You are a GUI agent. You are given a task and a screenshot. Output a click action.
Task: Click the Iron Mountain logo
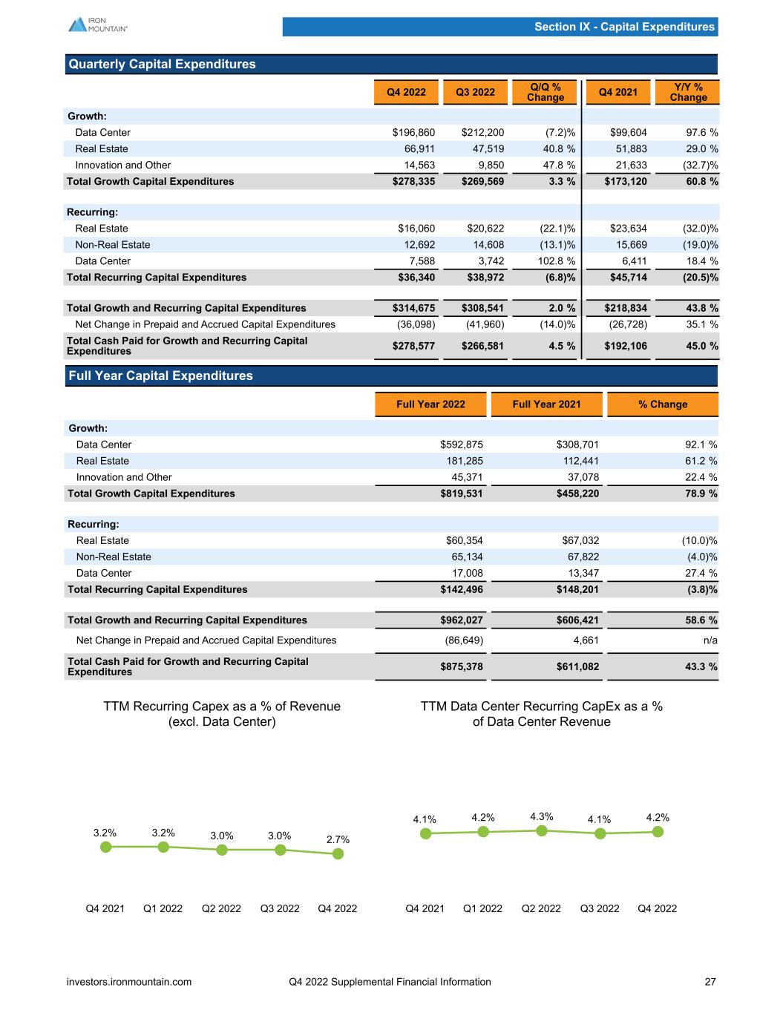pos(98,24)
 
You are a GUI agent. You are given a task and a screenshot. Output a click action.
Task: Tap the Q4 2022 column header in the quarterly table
pos(406,92)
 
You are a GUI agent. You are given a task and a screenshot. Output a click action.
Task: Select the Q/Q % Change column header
pos(546,92)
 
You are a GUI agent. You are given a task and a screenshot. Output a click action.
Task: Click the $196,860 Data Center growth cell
pos(413,133)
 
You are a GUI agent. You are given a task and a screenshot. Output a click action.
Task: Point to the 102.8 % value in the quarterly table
pos(551,261)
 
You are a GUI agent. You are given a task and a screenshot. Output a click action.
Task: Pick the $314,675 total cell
pos(413,308)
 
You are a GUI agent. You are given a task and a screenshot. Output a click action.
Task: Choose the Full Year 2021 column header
pos(546,404)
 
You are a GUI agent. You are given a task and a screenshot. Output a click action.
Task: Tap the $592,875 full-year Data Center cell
pos(462,445)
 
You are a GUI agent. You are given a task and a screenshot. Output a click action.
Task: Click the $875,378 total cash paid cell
pos(462,667)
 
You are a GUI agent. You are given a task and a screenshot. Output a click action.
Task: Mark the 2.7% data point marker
pos(338,853)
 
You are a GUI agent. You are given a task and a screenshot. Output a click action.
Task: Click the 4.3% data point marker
pos(542,830)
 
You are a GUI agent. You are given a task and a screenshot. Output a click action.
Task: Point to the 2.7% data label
pos(338,839)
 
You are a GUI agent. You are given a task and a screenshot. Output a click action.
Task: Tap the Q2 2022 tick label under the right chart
pos(541,908)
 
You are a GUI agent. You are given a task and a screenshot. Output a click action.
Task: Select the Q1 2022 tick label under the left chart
pos(163,908)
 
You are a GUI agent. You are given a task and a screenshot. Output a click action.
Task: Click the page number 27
pos(710,982)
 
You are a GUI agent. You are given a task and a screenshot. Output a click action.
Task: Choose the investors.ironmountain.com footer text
pos(129,982)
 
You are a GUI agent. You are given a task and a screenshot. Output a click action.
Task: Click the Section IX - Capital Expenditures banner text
pos(624,27)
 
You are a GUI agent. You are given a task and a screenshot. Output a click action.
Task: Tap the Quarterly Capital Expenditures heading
pos(162,65)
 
